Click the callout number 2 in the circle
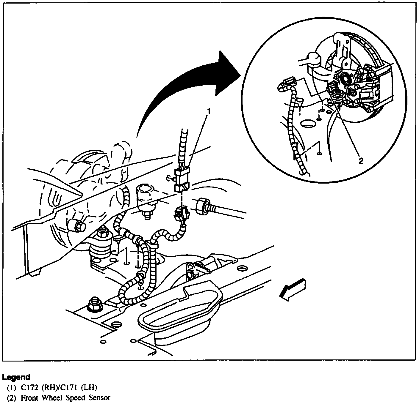[x=361, y=161]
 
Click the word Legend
[x=16, y=377]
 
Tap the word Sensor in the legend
[x=99, y=397]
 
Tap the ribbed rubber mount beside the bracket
[x=101, y=244]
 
